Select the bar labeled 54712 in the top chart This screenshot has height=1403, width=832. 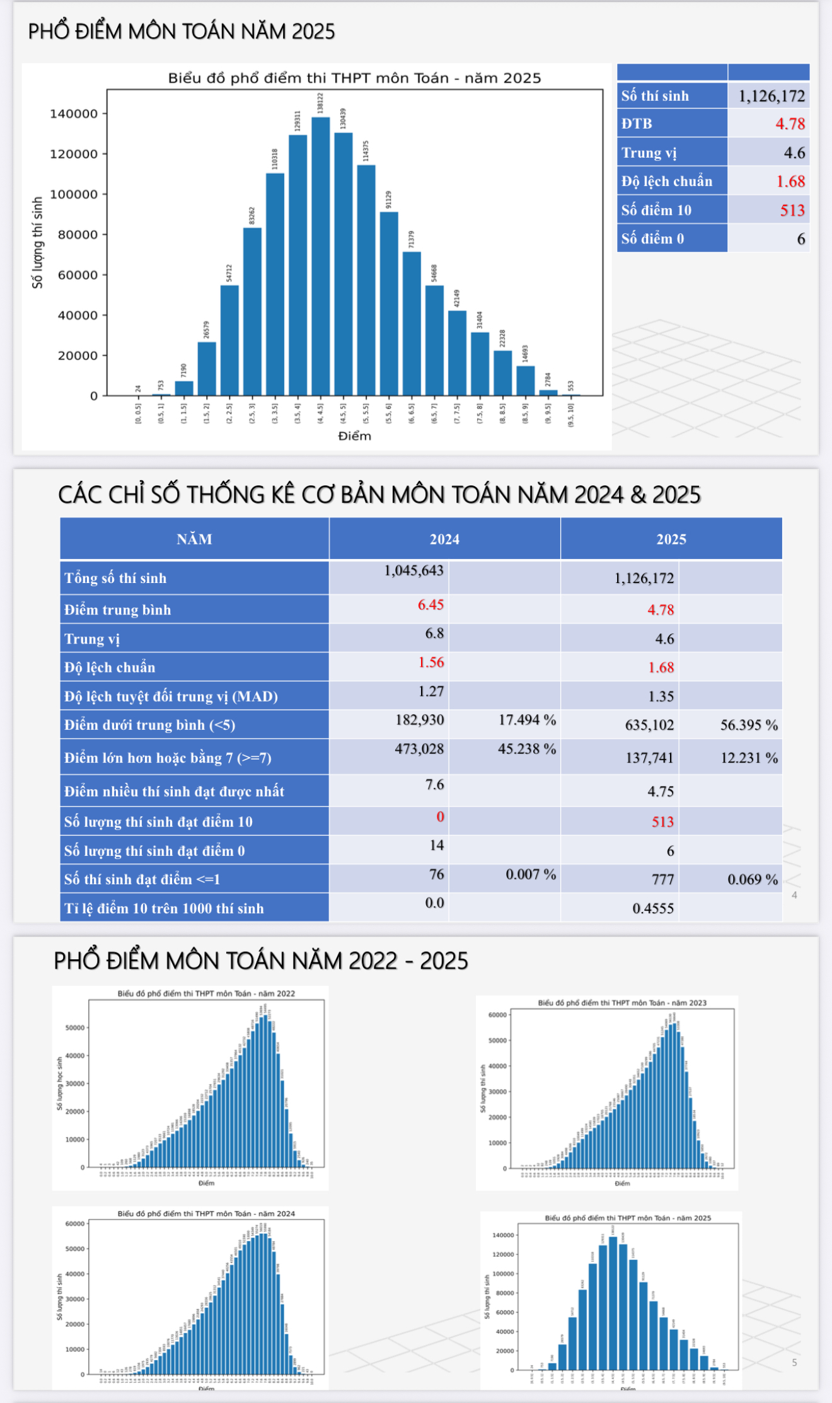pyautogui.click(x=229, y=340)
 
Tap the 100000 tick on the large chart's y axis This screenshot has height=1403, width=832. pyautogui.click(x=74, y=195)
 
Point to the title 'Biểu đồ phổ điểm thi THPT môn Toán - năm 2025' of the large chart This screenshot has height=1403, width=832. pyautogui.click(x=354, y=78)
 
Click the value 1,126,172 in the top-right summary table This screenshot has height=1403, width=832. pyautogui.click(x=771, y=96)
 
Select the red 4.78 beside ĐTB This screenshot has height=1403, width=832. pyautogui.click(x=790, y=124)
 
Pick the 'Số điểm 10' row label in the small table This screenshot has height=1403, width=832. pyautogui.click(x=656, y=210)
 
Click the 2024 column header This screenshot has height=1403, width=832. pyautogui.click(x=444, y=539)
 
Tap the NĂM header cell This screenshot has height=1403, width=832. pyautogui.click(x=194, y=539)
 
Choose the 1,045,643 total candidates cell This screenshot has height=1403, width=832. pyautogui.click(x=413, y=570)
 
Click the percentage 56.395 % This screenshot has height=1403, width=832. pyautogui.click(x=749, y=725)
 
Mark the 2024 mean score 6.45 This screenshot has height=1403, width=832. pyautogui.click(x=430, y=604)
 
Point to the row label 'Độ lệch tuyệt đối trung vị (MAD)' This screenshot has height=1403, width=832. pyautogui.click(x=171, y=696)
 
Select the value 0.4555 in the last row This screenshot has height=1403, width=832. pyautogui.click(x=653, y=908)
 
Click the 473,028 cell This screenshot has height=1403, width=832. pyautogui.click(x=419, y=749)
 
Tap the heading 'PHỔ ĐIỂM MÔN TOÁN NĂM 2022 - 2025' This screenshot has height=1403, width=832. pyautogui.click(x=261, y=961)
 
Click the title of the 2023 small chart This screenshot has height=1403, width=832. pyautogui.click(x=621, y=1003)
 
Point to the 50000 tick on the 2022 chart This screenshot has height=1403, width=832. pyautogui.click(x=74, y=1028)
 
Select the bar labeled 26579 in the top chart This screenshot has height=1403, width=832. pyautogui.click(x=207, y=369)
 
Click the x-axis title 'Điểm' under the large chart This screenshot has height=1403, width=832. pyautogui.click(x=354, y=436)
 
